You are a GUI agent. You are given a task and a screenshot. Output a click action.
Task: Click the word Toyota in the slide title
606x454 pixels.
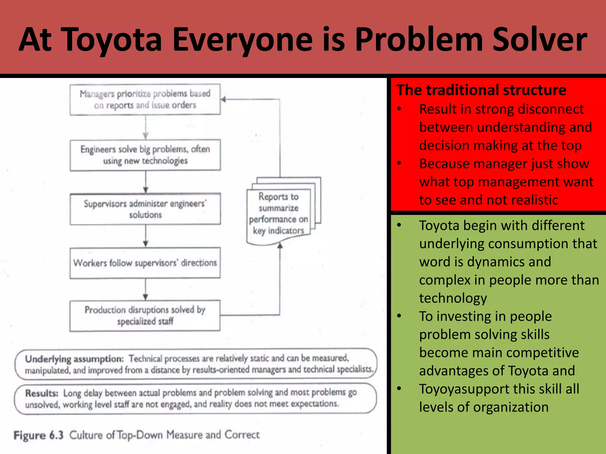(x=113, y=40)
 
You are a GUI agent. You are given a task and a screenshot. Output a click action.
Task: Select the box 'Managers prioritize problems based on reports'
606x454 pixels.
(x=145, y=99)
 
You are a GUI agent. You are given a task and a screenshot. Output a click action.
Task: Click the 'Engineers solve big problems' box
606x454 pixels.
(x=145, y=155)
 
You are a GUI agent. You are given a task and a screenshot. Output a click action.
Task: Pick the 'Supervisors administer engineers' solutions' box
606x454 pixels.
(x=145, y=209)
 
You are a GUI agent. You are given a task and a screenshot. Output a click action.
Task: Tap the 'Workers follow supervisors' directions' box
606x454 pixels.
(x=145, y=263)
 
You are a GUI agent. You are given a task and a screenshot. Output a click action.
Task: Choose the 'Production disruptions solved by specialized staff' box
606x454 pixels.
(x=145, y=316)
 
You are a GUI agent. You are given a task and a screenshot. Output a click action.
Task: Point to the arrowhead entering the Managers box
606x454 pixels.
(x=223, y=100)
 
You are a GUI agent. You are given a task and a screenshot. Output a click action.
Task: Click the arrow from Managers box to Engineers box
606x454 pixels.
(x=145, y=127)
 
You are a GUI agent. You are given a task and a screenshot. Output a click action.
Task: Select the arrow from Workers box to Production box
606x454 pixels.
(x=145, y=289)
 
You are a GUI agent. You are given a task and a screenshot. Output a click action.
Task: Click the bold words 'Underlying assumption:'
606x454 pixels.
(x=74, y=359)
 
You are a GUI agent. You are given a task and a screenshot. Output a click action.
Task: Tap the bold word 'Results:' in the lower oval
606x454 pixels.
(x=42, y=393)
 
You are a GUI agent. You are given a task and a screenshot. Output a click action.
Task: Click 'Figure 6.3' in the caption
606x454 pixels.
(x=39, y=435)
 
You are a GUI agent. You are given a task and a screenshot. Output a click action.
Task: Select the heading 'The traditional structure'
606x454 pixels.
(x=481, y=90)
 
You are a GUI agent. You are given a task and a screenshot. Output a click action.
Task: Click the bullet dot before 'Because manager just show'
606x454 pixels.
(x=399, y=163)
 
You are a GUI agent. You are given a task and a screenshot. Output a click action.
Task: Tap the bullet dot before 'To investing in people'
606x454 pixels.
(x=399, y=316)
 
